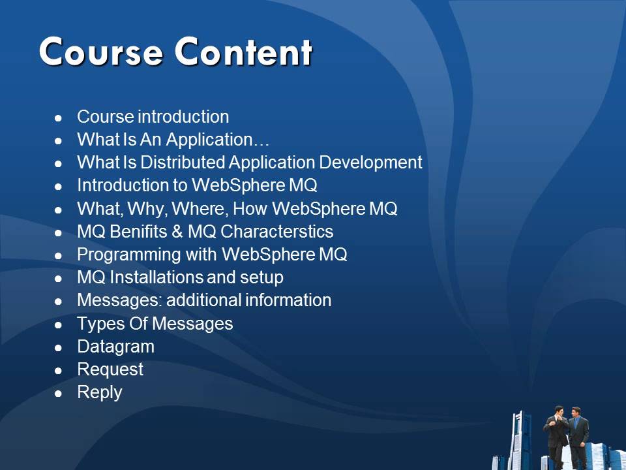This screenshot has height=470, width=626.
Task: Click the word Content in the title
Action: point(243,52)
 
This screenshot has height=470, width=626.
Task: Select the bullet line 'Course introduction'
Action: point(153,117)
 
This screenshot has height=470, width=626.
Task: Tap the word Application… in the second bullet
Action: point(218,140)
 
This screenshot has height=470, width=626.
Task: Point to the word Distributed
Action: point(181,163)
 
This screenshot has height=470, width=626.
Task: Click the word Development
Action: point(370,163)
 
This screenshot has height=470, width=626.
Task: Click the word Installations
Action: point(156,277)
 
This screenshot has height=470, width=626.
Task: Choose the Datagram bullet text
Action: point(115,347)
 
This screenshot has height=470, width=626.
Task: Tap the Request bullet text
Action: point(110,369)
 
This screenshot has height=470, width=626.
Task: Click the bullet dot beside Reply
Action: point(59,393)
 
